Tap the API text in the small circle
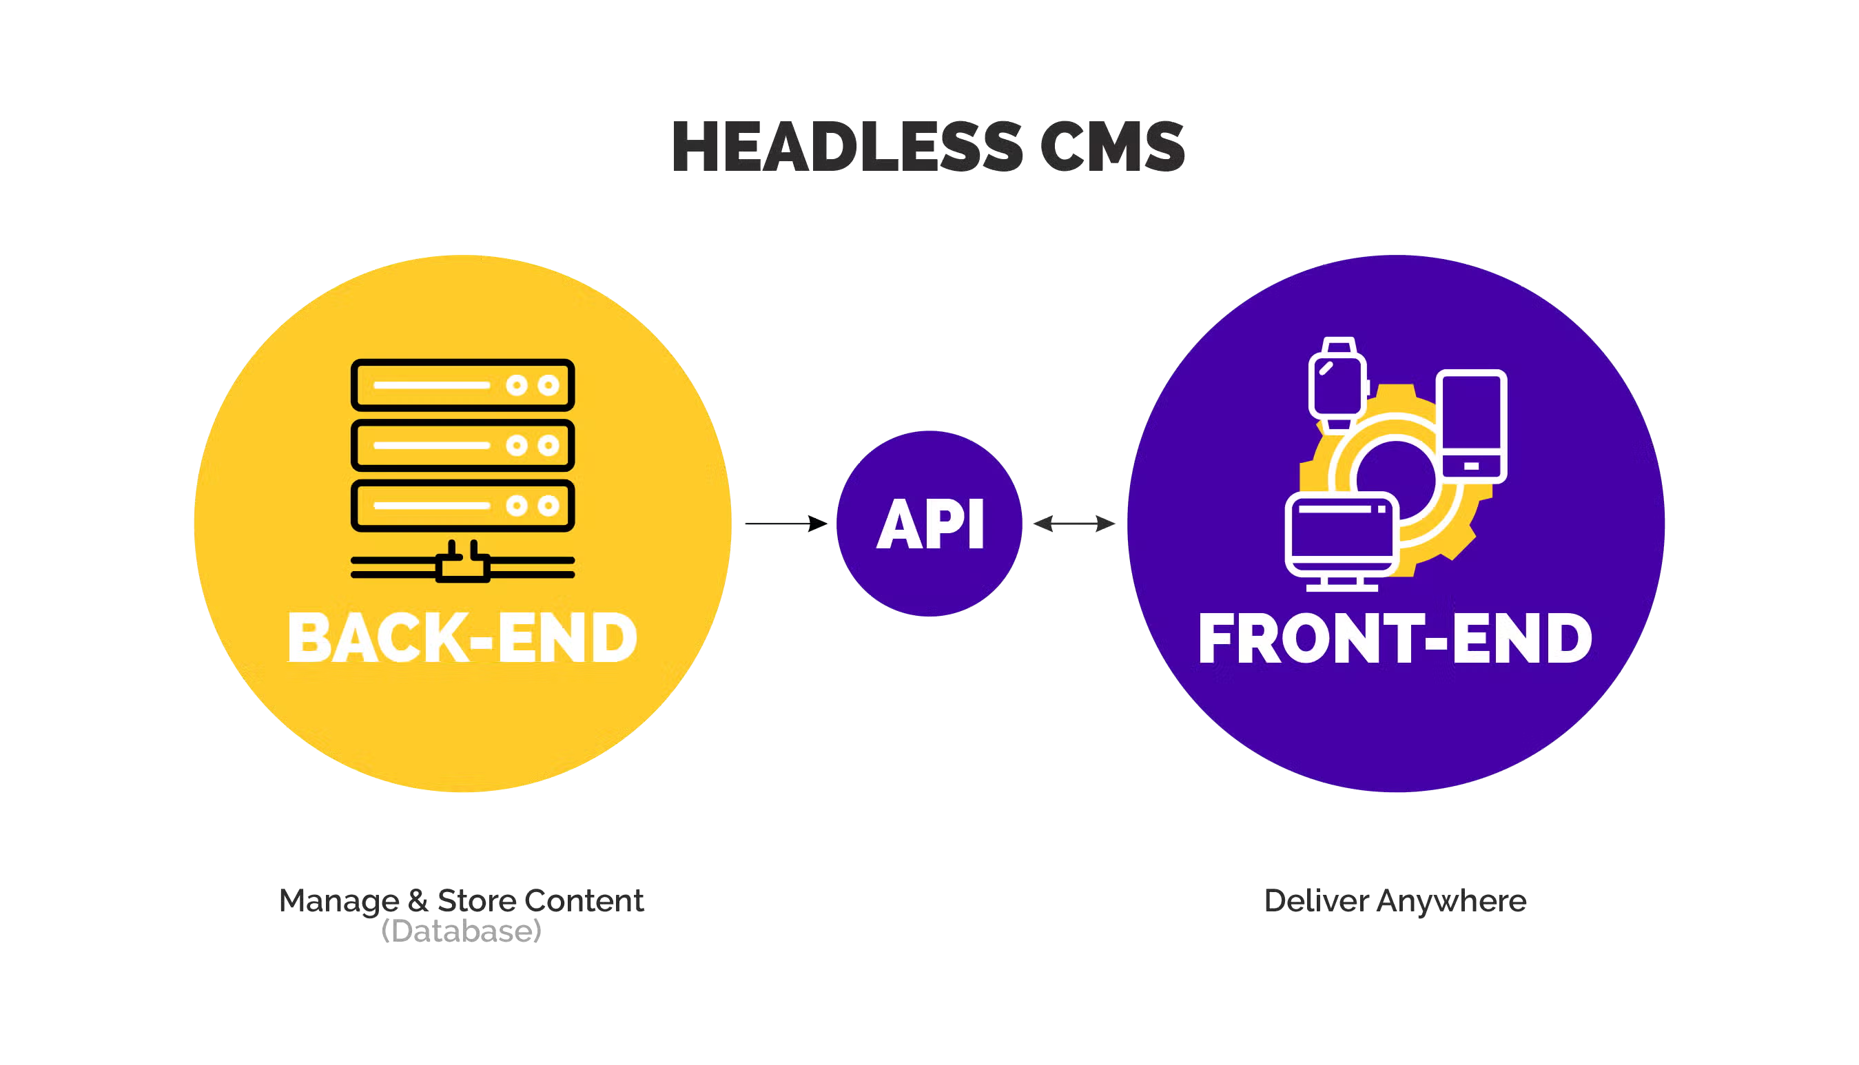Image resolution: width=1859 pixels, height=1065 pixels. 930,524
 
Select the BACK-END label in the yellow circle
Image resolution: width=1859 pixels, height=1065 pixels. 462,638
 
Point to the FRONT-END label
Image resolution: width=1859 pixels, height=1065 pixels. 1395,638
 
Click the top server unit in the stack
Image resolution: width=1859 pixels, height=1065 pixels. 462,385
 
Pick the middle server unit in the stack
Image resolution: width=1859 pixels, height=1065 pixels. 462,445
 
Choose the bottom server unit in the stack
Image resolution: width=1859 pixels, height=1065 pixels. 462,506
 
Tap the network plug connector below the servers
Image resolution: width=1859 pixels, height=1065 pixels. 463,565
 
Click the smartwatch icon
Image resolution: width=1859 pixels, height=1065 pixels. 1337,383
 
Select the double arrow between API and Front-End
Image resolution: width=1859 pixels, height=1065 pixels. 1076,523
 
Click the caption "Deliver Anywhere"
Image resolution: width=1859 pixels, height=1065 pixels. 1395,901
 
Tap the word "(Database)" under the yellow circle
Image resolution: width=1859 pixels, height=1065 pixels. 463,932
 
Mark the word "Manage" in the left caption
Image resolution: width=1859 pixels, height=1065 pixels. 336,902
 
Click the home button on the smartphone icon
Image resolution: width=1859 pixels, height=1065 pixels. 1470,466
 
